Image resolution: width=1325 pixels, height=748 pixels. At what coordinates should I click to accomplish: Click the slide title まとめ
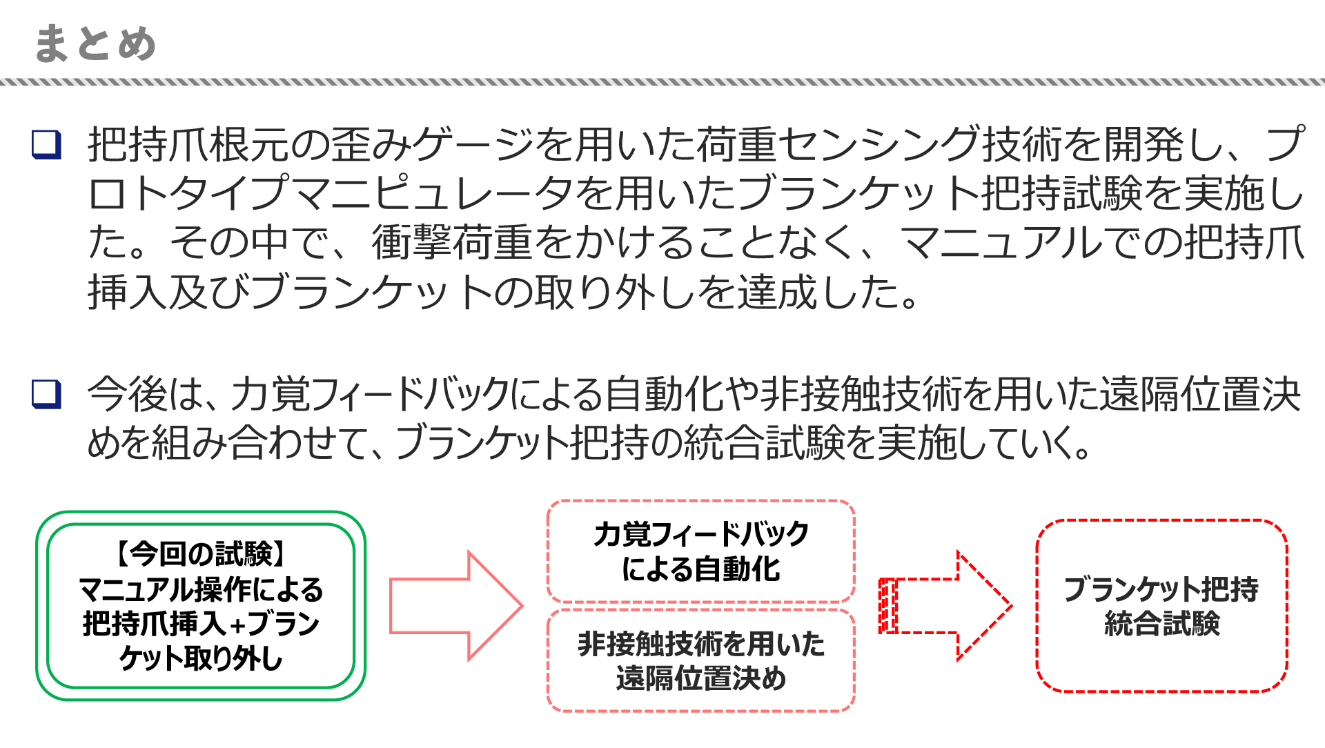click(x=95, y=43)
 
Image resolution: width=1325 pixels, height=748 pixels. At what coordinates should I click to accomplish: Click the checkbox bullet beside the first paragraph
click(x=46, y=145)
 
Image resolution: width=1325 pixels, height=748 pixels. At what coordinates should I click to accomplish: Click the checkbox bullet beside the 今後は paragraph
click(x=46, y=394)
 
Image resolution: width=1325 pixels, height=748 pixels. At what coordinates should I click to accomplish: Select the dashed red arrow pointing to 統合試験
click(x=945, y=606)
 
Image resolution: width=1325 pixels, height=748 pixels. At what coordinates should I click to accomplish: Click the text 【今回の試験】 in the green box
click(x=200, y=553)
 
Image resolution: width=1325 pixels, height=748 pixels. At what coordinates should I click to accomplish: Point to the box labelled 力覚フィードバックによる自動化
click(x=700, y=551)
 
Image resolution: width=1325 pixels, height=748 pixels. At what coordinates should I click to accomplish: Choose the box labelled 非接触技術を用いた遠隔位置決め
click(x=700, y=660)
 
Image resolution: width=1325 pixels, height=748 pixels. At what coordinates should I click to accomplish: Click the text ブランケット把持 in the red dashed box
click(x=1161, y=589)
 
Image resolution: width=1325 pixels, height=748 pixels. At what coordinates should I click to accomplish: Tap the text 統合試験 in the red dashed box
click(x=1161, y=624)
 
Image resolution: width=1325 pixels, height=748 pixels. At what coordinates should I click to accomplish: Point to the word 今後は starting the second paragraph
click(x=141, y=395)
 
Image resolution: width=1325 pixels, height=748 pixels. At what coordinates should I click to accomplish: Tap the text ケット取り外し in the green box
click(x=200, y=659)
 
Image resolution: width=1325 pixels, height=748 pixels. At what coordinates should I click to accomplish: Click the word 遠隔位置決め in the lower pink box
click(x=700, y=678)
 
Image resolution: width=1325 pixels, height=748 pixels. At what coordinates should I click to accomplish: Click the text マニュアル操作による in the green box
click(x=200, y=589)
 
